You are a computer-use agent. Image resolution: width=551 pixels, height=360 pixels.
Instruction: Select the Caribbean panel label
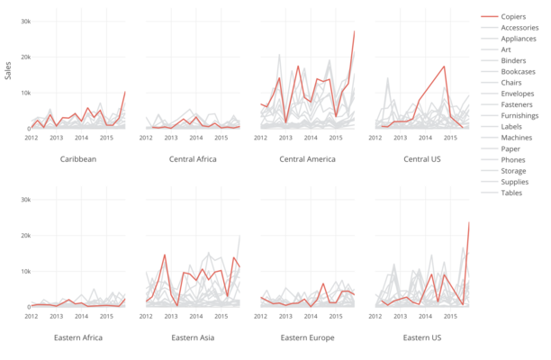(78, 159)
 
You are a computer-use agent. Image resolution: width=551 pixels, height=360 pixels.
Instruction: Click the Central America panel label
(308, 159)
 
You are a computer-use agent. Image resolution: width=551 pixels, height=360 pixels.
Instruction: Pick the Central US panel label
(422, 159)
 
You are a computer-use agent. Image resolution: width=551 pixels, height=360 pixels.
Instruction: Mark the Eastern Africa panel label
(78, 337)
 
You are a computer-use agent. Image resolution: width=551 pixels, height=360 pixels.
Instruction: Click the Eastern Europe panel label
(308, 337)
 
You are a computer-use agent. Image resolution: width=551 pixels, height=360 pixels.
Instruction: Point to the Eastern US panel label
(422, 337)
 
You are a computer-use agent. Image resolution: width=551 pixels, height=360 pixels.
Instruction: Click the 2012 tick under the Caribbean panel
(32, 138)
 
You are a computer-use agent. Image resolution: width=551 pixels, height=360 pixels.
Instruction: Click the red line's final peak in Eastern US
(469, 222)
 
